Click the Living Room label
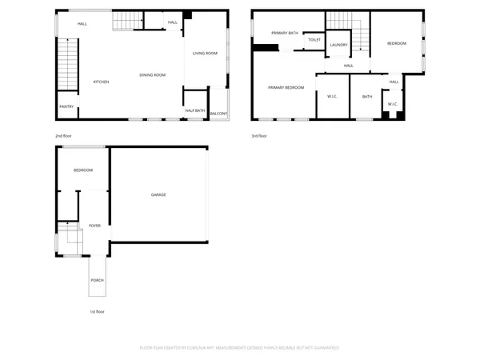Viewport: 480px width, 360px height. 205,54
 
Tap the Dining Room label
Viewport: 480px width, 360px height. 152,75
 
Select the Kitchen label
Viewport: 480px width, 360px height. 102,82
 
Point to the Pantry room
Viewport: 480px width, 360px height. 66,106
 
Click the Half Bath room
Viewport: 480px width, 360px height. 194,110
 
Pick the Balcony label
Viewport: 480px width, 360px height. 218,114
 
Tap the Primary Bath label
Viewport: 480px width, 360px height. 284,33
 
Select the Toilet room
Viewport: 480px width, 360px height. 314,39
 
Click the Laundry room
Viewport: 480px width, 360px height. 338,45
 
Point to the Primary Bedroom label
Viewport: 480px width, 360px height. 286,87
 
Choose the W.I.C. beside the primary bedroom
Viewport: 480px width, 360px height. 332,97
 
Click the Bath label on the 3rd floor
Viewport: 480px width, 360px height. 367,97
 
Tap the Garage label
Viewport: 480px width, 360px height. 158,194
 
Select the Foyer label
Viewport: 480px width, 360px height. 94,226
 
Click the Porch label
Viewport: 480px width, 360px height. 97,280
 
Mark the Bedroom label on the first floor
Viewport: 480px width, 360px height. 83,170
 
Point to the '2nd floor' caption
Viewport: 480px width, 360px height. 64,136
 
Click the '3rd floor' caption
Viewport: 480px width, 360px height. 259,136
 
